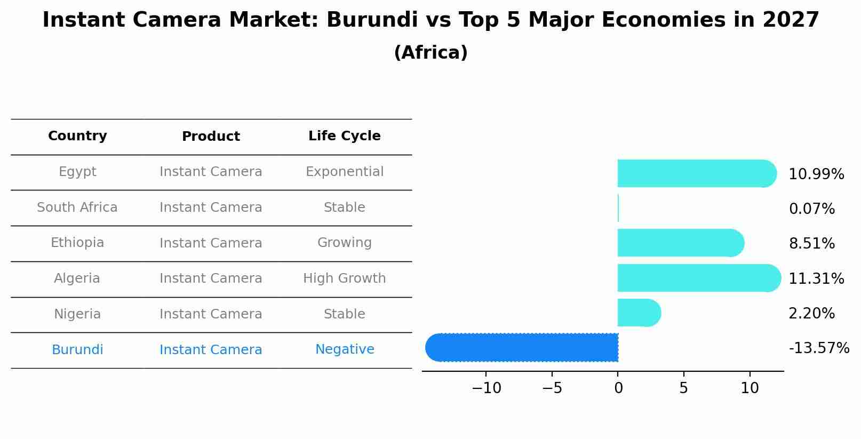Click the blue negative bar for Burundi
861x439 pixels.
(x=522, y=348)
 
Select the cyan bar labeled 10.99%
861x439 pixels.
(x=696, y=173)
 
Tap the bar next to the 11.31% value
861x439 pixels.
(x=699, y=278)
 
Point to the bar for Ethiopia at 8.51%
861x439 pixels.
(x=680, y=243)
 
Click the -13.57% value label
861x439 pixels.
(x=818, y=348)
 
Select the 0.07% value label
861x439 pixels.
(x=811, y=209)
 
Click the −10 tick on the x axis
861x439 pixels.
(x=487, y=388)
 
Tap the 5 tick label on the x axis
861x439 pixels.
(x=683, y=388)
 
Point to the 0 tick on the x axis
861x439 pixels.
(x=618, y=388)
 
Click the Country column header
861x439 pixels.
(x=77, y=136)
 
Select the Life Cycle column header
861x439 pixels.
(x=344, y=136)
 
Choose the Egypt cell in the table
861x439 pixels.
(x=77, y=172)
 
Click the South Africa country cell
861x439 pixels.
(x=77, y=207)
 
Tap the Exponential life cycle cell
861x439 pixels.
(x=344, y=172)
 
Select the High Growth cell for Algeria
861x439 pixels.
(x=344, y=278)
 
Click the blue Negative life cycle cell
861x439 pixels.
(x=344, y=349)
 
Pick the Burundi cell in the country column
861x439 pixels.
(x=77, y=350)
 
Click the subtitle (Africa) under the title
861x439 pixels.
(x=430, y=53)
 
